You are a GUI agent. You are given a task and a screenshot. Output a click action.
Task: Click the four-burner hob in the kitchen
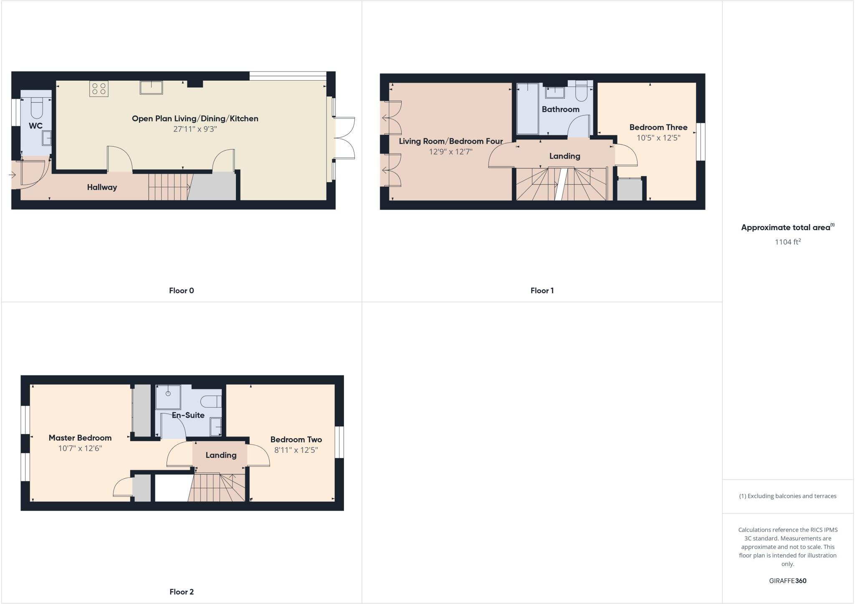99,89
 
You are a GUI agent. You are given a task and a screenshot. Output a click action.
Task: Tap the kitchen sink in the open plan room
151,88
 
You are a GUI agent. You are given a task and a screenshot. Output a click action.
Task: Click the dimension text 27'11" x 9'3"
195,129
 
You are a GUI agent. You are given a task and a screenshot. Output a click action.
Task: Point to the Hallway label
102,188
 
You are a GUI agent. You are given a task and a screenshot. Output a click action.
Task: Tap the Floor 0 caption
181,291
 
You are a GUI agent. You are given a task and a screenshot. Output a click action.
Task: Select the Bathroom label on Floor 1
560,109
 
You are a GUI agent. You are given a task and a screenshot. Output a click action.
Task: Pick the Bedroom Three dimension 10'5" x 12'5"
658,138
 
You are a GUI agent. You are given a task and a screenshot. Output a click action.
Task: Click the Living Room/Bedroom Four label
450,141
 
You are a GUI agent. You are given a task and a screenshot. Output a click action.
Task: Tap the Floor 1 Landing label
564,156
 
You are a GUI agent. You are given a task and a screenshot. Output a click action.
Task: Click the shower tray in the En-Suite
168,396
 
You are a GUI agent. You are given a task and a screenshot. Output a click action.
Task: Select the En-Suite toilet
211,402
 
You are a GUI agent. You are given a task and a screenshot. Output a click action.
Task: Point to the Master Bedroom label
80,438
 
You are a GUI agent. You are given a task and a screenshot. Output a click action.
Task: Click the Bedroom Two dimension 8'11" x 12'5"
296,450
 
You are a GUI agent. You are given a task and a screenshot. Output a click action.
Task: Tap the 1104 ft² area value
787,242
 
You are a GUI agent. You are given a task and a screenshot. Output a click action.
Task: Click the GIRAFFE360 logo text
787,581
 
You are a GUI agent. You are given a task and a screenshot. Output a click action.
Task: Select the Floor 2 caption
181,592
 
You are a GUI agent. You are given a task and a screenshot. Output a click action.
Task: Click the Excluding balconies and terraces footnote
787,496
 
